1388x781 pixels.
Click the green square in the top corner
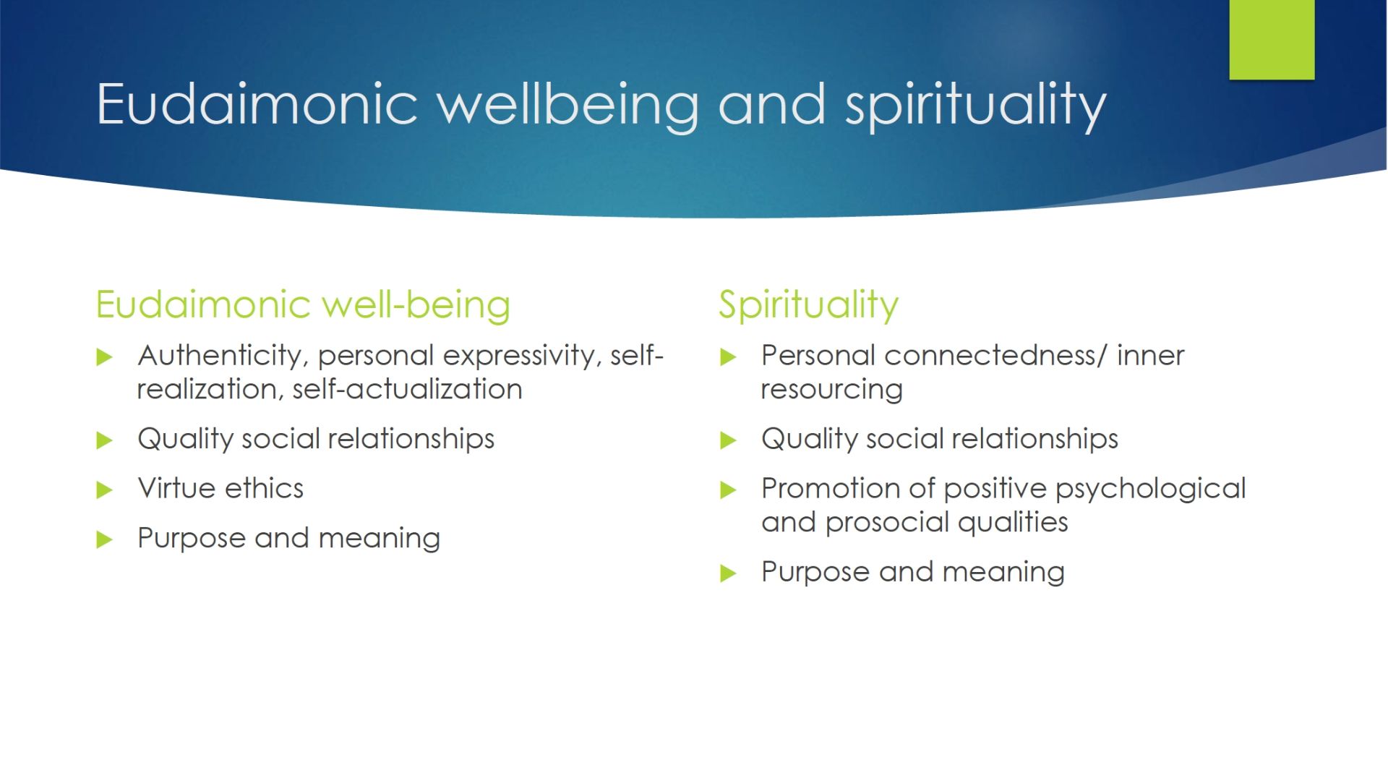tap(1272, 39)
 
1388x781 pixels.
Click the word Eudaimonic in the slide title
tap(257, 104)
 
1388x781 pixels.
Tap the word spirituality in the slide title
tap(976, 107)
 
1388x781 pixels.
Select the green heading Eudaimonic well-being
tap(303, 304)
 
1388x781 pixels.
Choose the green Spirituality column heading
tap(808, 305)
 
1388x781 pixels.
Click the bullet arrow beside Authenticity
tap(105, 357)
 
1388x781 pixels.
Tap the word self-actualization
tap(407, 389)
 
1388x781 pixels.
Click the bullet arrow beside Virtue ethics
tap(105, 490)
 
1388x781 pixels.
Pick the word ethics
tap(264, 488)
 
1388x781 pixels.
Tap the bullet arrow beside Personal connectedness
tap(728, 357)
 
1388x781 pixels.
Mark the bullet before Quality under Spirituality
tap(728, 440)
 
